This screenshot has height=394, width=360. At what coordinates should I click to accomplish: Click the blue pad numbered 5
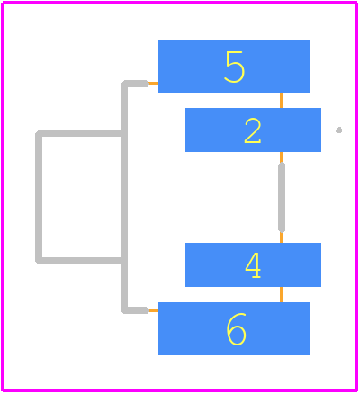click(234, 66)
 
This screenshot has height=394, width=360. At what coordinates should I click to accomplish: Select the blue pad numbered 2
click(253, 130)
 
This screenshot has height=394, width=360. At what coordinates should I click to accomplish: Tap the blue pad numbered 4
click(253, 264)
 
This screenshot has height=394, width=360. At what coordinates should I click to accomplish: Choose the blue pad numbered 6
click(234, 328)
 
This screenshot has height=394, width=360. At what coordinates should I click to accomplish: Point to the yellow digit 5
click(235, 67)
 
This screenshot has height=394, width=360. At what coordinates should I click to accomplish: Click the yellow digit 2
click(253, 130)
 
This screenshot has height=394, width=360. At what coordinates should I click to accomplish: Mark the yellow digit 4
click(253, 265)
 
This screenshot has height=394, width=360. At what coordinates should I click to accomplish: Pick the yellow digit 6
click(236, 329)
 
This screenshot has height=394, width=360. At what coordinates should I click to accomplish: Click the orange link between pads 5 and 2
click(282, 100)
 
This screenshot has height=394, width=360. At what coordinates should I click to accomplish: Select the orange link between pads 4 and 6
click(282, 294)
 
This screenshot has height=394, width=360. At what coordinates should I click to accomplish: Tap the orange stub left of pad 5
click(153, 84)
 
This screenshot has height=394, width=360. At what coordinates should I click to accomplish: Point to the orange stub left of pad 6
click(153, 310)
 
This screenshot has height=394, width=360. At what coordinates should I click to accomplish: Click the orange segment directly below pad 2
click(282, 157)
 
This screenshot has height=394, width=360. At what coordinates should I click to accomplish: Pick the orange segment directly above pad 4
click(282, 237)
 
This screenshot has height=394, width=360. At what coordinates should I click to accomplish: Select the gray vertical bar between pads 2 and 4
click(282, 198)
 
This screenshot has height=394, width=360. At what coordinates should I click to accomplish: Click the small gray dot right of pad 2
click(339, 130)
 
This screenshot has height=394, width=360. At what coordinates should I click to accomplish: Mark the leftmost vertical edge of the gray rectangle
click(39, 197)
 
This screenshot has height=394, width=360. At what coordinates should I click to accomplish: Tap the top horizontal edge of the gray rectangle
click(79, 133)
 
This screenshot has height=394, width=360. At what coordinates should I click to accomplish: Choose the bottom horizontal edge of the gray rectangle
click(79, 261)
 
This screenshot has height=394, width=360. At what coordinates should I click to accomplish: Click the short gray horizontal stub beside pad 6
click(137, 310)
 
